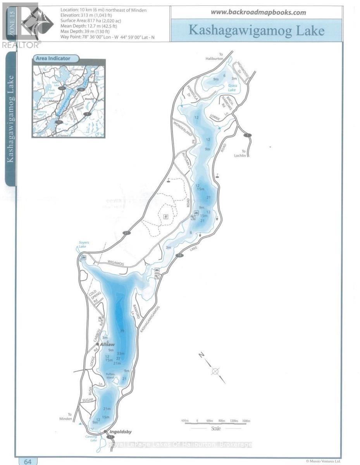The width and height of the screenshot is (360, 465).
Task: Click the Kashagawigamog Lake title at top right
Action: [x=256, y=30]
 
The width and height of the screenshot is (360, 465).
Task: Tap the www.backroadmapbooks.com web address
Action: [x=258, y=12]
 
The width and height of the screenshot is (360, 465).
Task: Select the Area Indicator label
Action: [x=53, y=59]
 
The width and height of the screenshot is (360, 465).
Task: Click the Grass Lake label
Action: [x=232, y=88]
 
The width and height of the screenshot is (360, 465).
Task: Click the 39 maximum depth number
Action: [x=122, y=331]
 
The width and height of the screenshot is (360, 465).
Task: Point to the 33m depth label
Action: [x=121, y=353]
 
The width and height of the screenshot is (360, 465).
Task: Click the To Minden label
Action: [x=70, y=417]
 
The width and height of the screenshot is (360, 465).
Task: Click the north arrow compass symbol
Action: [x=215, y=371]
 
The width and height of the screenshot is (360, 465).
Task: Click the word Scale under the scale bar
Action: [x=216, y=429]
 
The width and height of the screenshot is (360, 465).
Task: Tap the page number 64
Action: [x=28, y=461]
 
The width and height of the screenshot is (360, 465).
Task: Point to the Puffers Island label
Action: [x=110, y=375]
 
